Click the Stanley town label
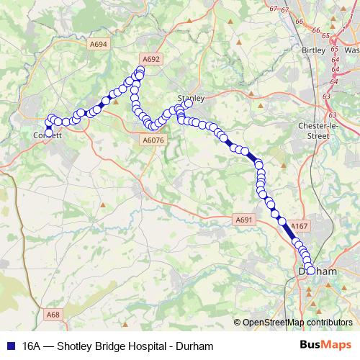(192, 96)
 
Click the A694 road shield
(100, 44)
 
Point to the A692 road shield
(150, 59)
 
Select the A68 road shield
(53, 315)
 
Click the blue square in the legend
(10, 346)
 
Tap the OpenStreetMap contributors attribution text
(298, 323)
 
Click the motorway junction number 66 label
(299, 22)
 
